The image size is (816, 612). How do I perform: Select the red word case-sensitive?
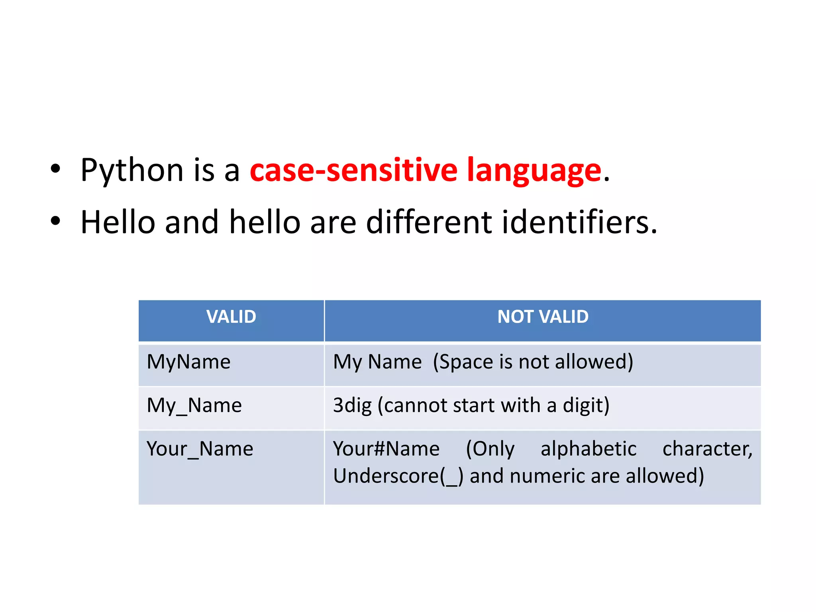[353, 171]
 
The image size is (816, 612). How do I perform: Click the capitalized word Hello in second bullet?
[118, 222]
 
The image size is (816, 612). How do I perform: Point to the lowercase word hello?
[265, 222]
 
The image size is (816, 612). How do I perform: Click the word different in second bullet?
[429, 222]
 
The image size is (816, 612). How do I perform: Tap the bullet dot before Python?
[55, 169]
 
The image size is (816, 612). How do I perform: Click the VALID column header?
[231, 317]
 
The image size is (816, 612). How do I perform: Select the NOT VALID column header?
[543, 317]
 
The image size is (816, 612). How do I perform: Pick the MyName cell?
[188, 362]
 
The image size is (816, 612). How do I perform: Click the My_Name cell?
[194, 406]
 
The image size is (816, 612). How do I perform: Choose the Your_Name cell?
[200, 449]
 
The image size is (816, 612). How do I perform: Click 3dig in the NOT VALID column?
[352, 406]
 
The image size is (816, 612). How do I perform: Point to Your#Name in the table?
[386, 449]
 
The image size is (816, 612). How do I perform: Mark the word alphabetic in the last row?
[588, 449]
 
